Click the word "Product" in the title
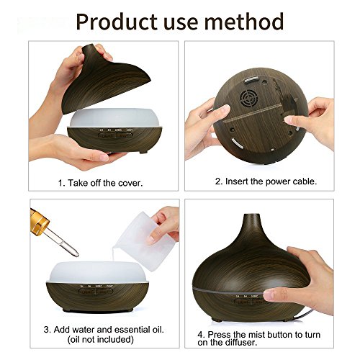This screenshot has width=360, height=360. click(x=117, y=22)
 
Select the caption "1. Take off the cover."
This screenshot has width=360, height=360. click(x=100, y=183)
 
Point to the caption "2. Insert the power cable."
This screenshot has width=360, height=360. click(x=266, y=181)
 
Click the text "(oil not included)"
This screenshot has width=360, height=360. click(x=101, y=339)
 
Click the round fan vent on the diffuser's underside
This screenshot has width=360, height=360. click(x=250, y=99)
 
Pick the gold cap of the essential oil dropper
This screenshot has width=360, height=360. click(x=39, y=222)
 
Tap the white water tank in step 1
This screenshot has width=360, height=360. click(x=114, y=117)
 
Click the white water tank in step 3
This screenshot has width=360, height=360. click(x=99, y=271)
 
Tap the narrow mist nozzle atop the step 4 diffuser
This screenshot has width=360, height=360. click(x=251, y=220)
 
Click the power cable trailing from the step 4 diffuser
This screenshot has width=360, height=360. click(x=303, y=315)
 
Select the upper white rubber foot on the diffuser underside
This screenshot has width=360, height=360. click(x=251, y=80)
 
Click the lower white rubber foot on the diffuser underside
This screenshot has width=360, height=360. click(x=237, y=143)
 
